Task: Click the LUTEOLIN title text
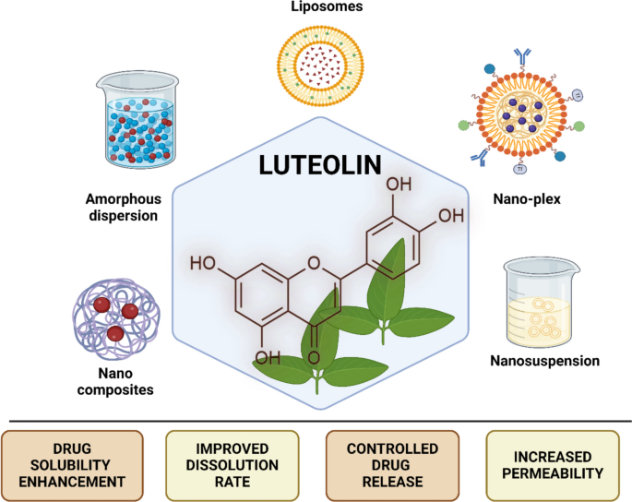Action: point(320,165)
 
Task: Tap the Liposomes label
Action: point(327,6)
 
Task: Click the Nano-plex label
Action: point(527,198)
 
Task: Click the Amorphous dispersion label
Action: point(124,208)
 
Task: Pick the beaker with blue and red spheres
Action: point(137,120)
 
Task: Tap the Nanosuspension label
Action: point(545,361)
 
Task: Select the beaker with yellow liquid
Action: point(542,304)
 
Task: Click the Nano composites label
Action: point(115,381)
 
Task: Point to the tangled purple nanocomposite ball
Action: point(116,319)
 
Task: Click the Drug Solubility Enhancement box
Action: point(72,465)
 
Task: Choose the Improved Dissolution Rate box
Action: point(233,465)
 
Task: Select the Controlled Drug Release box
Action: point(393,465)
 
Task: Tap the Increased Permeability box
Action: point(553,465)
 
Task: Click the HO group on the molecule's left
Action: point(203,263)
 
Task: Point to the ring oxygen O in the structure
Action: point(314,263)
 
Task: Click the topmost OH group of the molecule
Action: point(399,184)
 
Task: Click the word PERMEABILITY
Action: point(553,473)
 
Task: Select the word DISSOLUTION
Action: point(233,465)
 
